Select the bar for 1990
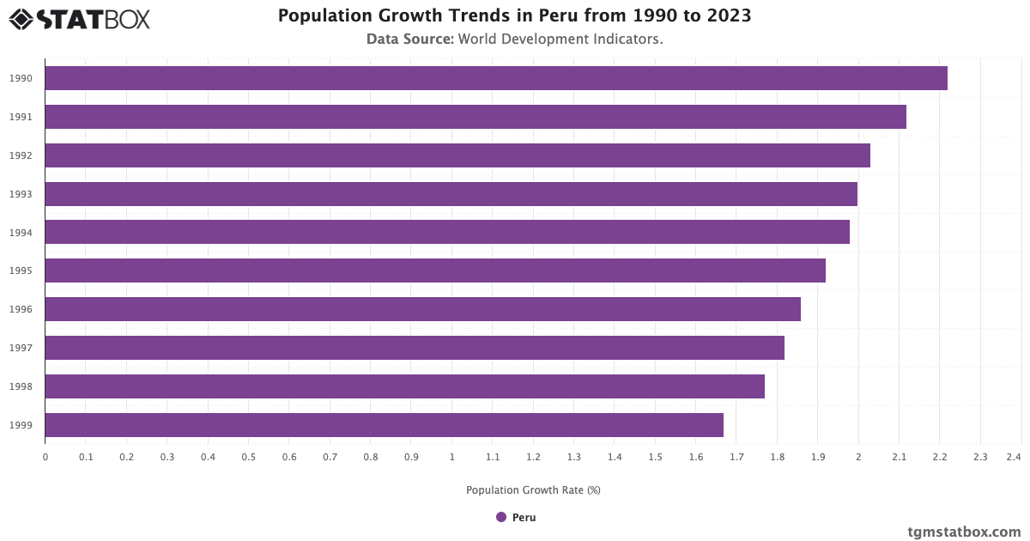(x=496, y=78)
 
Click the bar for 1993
(x=451, y=194)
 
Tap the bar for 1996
(x=422, y=309)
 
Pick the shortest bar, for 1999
(x=384, y=425)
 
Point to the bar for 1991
(x=476, y=117)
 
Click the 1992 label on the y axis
(x=21, y=155)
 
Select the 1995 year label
(x=21, y=271)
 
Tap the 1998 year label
(x=21, y=386)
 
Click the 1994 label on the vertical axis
(x=21, y=233)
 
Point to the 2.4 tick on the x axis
(x=1014, y=457)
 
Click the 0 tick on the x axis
(x=45, y=457)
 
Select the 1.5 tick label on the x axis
(x=655, y=457)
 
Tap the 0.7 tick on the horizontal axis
(x=330, y=457)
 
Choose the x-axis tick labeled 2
(x=858, y=457)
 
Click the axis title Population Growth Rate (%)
(x=533, y=490)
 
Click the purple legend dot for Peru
(x=501, y=517)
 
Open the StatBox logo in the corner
(x=79, y=19)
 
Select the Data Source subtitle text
(x=515, y=40)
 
